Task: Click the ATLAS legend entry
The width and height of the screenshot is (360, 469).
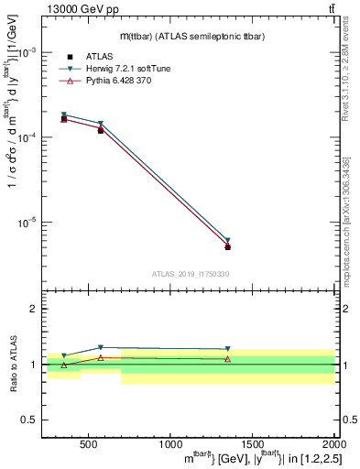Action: point(99,56)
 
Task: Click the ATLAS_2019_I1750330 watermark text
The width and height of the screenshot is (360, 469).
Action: point(191,274)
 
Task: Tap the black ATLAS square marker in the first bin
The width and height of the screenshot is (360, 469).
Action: point(64,119)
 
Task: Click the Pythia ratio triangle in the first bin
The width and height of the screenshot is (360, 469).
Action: point(64,365)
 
